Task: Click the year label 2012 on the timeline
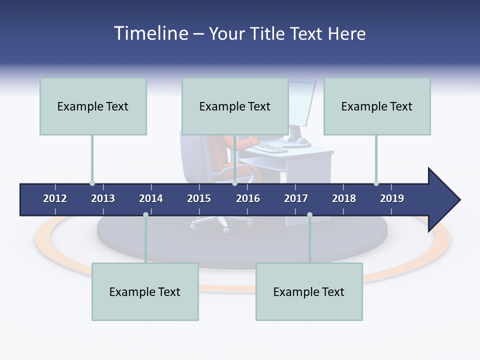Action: pos(55,198)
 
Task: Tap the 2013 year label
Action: pos(103,198)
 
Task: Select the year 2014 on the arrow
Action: pos(151,198)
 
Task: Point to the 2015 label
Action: pos(199,198)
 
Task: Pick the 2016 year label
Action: pos(248,198)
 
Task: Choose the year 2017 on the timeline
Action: pos(296,198)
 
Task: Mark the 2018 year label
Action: pos(344,198)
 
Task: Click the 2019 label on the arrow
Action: pos(392,198)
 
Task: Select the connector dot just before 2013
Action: pos(92,183)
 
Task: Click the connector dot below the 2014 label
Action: pos(145,215)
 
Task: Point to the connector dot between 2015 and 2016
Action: pos(234,183)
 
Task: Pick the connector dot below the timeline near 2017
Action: pos(309,215)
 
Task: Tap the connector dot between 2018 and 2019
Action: pos(376,183)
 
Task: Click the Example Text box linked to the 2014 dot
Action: pos(145,291)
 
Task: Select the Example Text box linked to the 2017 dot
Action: pos(309,291)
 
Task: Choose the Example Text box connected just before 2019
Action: pos(377,106)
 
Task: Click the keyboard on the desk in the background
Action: pos(270,147)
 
